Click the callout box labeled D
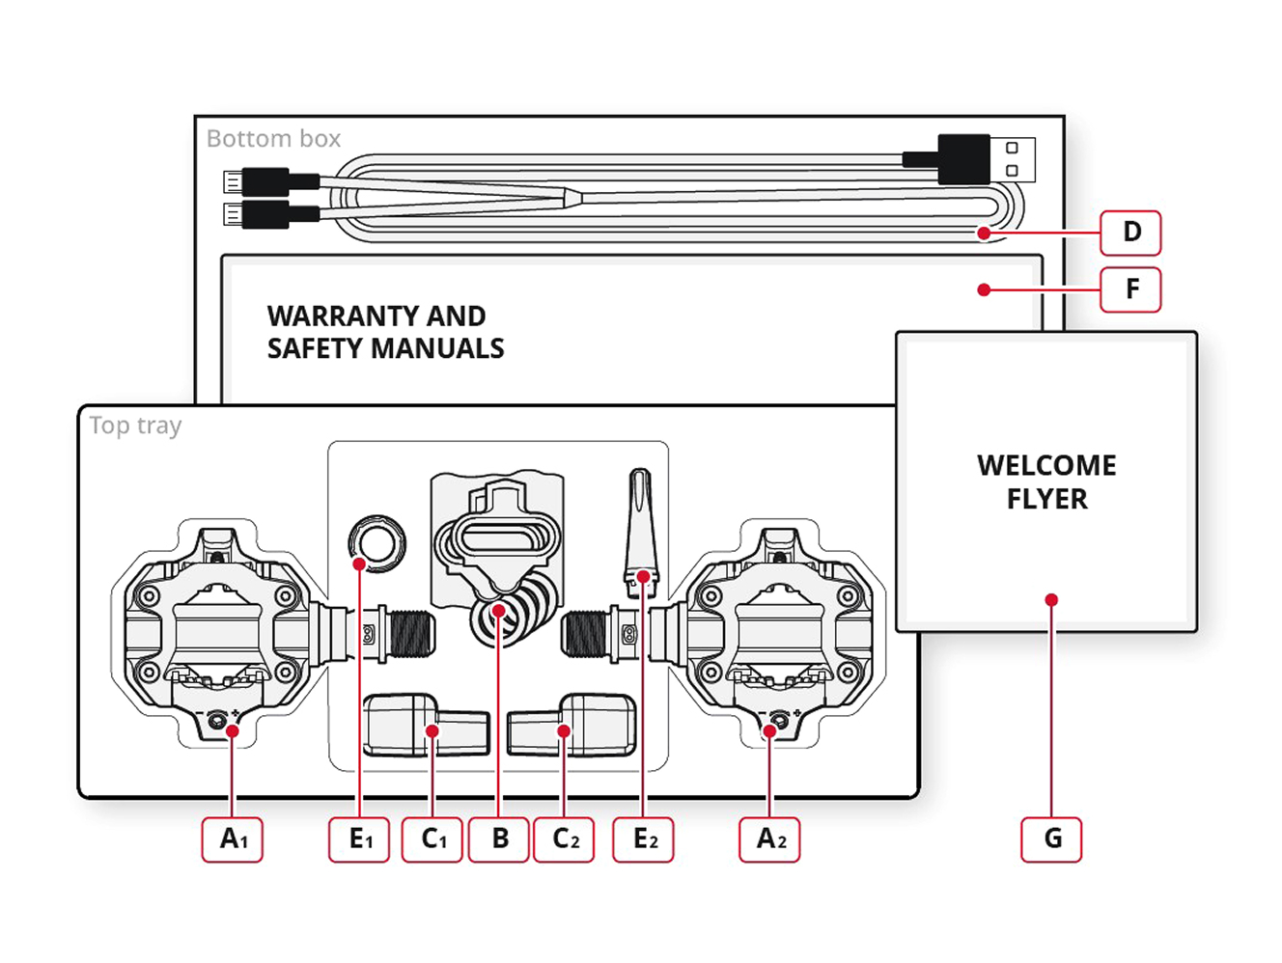[1130, 233]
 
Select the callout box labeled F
[1130, 289]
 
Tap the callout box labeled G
[1051, 839]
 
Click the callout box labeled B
[499, 839]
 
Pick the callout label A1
[233, 839]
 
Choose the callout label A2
[770, 839]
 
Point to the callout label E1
[359, 839]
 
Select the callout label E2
[644, 839]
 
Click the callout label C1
[432, 839]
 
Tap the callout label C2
[564, 839]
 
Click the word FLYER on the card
[1046, 499]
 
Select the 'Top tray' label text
[135, 426]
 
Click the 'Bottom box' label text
[273, 139]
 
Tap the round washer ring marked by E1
[377, 542]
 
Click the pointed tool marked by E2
[641, 526]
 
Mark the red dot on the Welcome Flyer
[1051, 600]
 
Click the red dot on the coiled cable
[983, 233]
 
